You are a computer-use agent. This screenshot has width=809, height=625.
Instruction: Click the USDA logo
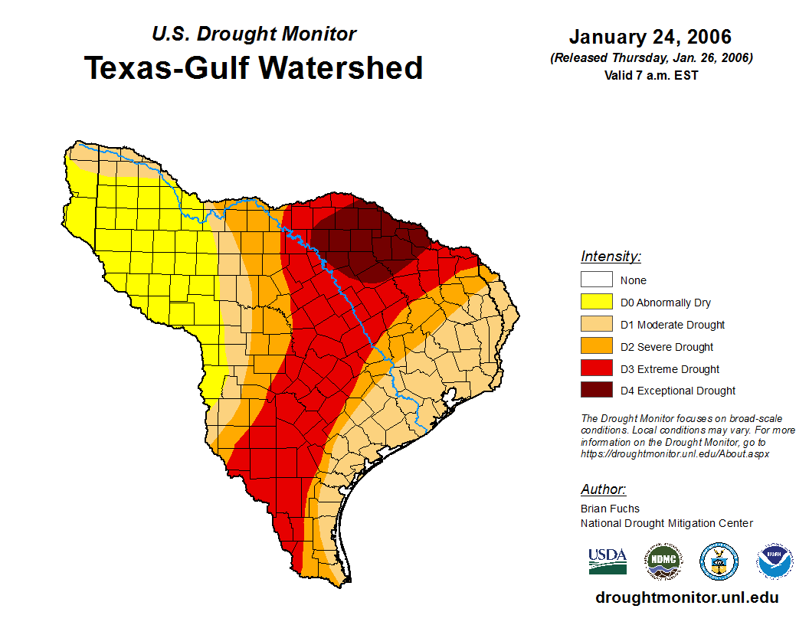pyautogui.click(x=608, y=561)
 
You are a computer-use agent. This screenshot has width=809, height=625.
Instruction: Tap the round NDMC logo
pyautogui.click(x=663, y=561)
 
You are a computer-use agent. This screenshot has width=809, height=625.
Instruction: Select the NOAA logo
pyautogui.click(x=775, y=561)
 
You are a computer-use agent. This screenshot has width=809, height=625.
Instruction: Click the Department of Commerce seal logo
pyautogui.click(x=719, y=561)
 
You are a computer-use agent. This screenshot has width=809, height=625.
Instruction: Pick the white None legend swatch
pyautogui.click(x=596, y=280)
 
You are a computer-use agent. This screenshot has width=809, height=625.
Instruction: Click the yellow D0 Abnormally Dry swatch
pyautogui.click(x=596, y=303)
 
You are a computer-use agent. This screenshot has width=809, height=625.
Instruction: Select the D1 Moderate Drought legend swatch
pyautogui.click(x=596, y=325)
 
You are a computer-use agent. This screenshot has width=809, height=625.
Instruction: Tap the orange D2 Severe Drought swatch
pyautogui.click(x=596, y=347)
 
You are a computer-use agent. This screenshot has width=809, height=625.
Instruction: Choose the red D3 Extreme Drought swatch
pyautogui.click(x=596, y=369)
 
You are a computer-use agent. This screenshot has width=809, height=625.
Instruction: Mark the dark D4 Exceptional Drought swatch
pyautogui.click(x=596, y=391)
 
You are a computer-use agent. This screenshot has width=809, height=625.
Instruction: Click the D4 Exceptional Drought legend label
pyautogui.click(x=678, y=391)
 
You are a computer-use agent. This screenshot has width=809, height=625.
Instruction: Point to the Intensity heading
pyautogui.click(x=611, y=257)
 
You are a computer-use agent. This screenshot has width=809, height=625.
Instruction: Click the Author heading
pyautogui.click(x=603, y=489)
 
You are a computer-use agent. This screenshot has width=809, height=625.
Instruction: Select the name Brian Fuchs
pyautogui.click(x=610, y=508)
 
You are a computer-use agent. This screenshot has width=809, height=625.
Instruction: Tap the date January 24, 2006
pyautogui.click(x=650, y=37)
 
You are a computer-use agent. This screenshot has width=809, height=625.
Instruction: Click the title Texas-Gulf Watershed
pyautogui.click(x=254, y=67)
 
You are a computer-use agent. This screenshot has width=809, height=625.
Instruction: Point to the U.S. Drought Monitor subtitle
pyautogui.click(x=254, y=34)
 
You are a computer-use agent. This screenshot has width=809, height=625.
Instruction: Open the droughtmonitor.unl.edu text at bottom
pyautogui.click(x=686, y=597)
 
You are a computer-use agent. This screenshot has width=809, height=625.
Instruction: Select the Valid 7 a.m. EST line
pyautogui.click(x=650, y=75)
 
